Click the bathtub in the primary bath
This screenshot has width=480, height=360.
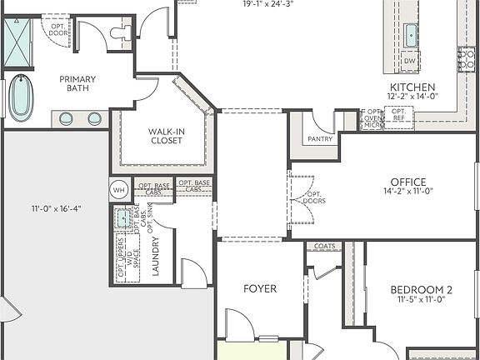pyautogui.click(x=20, y=98)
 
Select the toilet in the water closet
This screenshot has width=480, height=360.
pyautogui.click(x=121, y=32)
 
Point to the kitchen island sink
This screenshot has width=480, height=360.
pyautogui.click(x=410, y=35)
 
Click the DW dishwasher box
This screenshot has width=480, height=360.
pyautogui.click(x=409, y=61)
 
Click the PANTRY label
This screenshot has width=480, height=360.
pyautogui.click(x=320, y=139)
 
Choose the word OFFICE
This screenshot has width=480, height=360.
pyautogui.click(x=408, y=182)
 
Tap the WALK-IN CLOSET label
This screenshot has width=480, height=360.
pyautogui.click(x=167, y=136)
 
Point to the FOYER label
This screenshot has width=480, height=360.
pyautogui.click(x=259, y=289)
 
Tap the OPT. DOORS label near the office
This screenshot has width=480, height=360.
pyautogui.click(x=314, y=197)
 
